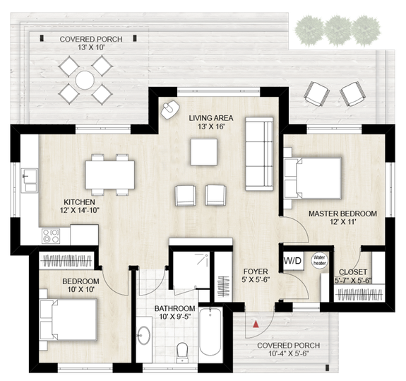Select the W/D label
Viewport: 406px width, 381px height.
tap(292, 260)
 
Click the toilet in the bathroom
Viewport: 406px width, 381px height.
tap(182, 350)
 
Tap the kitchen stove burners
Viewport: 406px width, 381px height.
tap(50, 235)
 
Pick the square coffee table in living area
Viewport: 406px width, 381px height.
tap(204, 151)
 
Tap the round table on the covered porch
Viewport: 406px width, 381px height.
tap(85, 78)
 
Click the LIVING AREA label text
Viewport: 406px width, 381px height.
tap(212, 118)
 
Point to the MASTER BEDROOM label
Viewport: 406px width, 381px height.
tap(342, 213)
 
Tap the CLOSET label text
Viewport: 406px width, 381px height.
tap(352, 271)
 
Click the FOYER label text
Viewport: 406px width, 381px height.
tap(254, 271)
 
